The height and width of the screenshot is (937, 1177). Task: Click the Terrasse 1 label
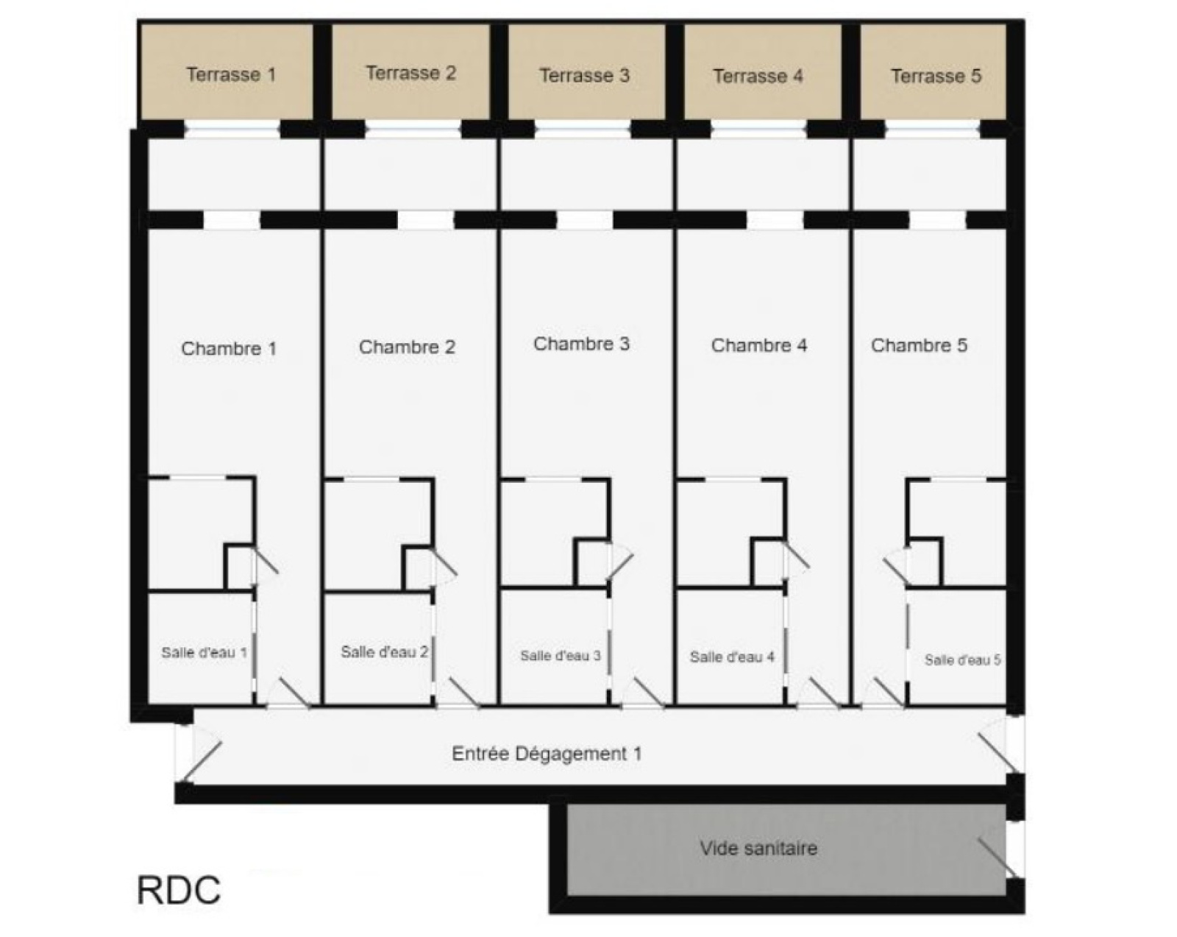[x=230, y=74]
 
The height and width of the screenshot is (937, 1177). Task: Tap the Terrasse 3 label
[x=584, y=75]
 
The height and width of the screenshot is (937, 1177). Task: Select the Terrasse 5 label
[x=936, y=76]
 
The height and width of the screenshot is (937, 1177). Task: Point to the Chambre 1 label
[x=229, y=348]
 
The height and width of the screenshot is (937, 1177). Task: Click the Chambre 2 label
[x=407, y=347]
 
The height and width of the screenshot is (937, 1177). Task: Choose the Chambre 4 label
[x=758, y=345]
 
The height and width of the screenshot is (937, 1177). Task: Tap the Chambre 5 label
[x=919, y=345]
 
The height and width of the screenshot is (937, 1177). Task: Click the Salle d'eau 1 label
[x=204, y=652]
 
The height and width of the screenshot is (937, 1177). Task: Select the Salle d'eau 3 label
[x=561, y=655]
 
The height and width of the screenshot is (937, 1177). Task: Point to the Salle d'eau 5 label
[x=962, y=660]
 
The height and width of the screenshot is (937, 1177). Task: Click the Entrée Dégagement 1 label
[x=547, y=754]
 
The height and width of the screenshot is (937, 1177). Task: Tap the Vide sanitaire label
[x=758, y=848]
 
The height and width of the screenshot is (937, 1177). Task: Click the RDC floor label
[x=179, y=890]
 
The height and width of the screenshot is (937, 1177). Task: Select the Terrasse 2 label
[x=410, y=73]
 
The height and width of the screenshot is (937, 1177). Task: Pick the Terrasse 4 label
[x=758, y=76]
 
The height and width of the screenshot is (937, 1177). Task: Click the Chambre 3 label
[x=581, y=344]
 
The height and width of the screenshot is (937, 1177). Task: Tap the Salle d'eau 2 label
[x=384, y=651]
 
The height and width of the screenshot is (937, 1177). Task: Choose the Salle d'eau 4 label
[x=732, y=657]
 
